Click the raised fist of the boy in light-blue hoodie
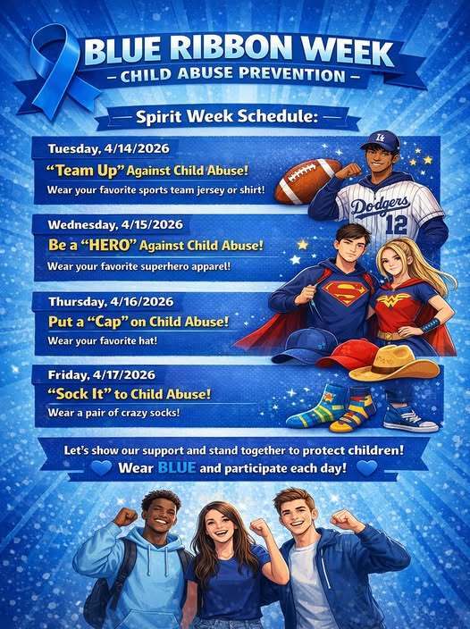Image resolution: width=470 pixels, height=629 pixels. tap(124, 518)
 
